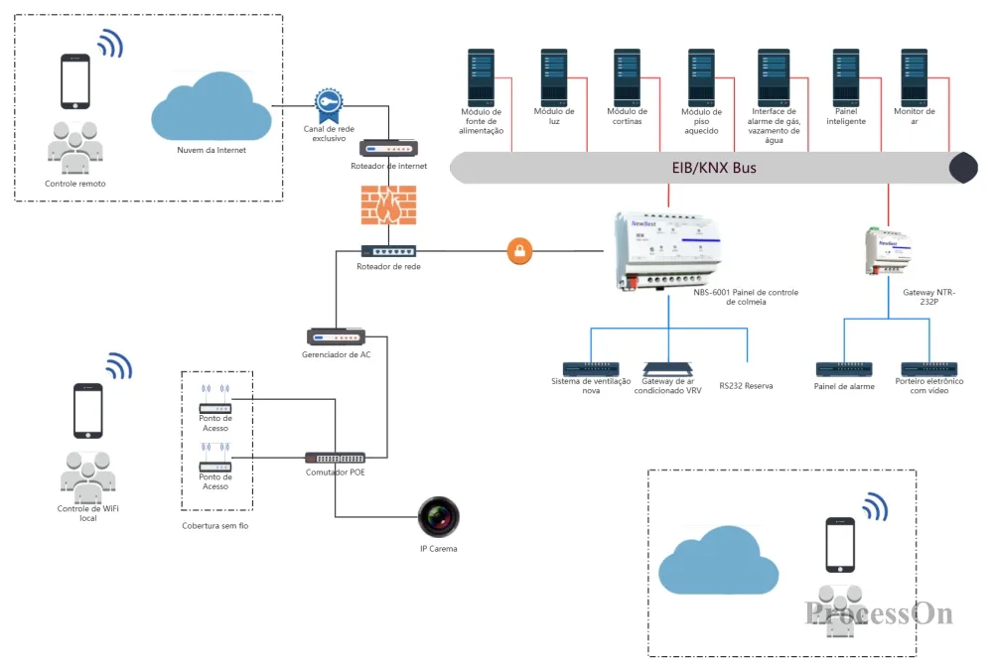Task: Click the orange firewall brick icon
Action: (x=389, y=205)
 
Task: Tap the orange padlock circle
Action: (x=520, y=251)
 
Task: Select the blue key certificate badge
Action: (x=329, y=106)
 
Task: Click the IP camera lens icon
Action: (x=438, y=517)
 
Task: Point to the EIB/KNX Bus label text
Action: (x=714, y=168)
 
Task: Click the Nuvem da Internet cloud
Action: (x=212, y=107)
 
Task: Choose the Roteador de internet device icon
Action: (x=389, y=149)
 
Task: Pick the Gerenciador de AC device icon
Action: (x=336, y=337)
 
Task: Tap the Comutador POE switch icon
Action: (x=335, y=459)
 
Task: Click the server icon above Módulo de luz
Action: (x=554, y=77)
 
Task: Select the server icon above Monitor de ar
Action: (x=915, y=77)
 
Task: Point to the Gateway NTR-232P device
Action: (x=888, y=250)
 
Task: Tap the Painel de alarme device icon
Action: (x=844, y=369)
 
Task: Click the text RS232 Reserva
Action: (x=746, y=386)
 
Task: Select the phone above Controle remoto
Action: (x=75, y=81)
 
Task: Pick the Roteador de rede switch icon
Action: (x=389, y=252)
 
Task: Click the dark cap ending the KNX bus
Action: (x=964, y=168)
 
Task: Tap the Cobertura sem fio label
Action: (x=215, y=526)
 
